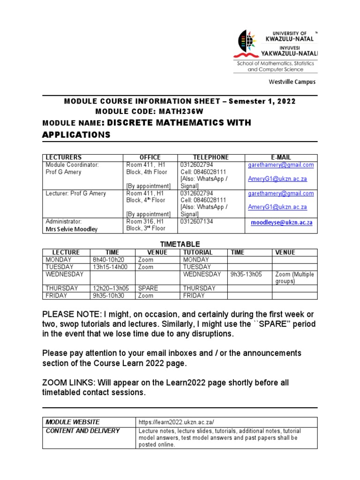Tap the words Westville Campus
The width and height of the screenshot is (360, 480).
pos(292,82)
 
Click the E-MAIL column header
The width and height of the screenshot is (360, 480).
pos(281,157)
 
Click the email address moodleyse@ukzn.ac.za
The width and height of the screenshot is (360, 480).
pos(281,223)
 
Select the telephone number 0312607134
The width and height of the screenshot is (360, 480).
pos(197,221)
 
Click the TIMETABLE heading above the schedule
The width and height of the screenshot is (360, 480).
pos(180,244)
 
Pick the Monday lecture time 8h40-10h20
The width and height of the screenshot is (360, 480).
pos(109,260)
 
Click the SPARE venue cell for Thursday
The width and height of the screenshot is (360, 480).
pos(148,288)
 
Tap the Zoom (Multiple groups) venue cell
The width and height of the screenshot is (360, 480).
pos(294,278)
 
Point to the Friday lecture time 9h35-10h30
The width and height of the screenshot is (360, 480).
pos(109,296)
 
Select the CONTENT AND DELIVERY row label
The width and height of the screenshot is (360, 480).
pos(82,431)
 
